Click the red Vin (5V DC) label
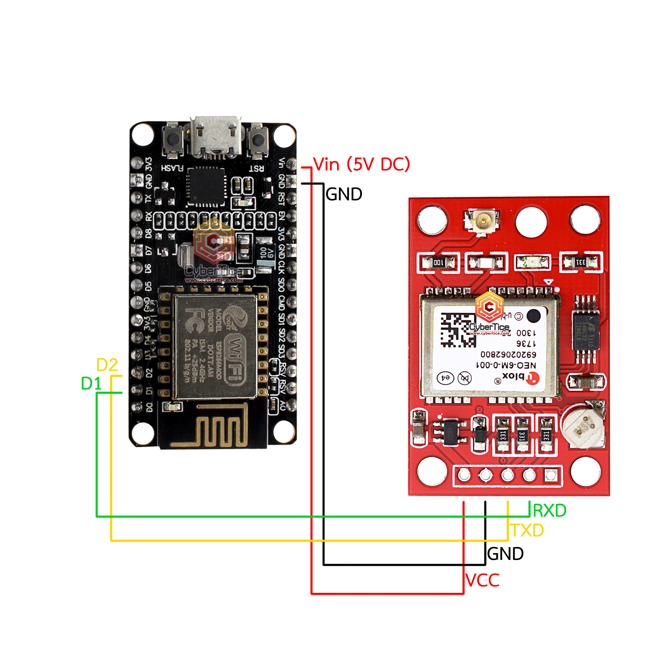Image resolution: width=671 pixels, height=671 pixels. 361,164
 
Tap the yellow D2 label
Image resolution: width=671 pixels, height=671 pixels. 107,365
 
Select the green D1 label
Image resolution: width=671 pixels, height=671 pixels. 91,384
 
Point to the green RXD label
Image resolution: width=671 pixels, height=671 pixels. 549,510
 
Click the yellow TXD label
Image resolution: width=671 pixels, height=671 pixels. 527,531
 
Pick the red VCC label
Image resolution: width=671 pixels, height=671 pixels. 482,580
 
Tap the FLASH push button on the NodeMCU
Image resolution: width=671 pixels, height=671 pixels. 173,140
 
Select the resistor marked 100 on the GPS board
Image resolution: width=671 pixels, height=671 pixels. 438,262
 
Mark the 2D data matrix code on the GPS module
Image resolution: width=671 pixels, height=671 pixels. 458,330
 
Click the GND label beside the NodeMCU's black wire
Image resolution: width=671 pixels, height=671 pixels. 344,194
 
